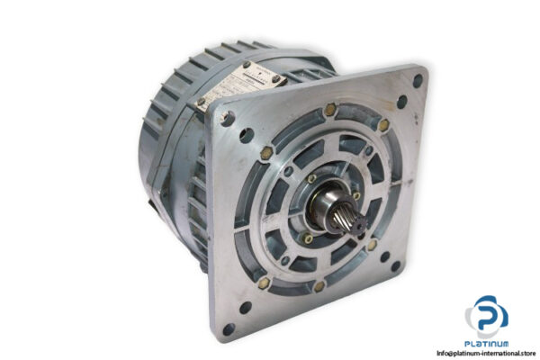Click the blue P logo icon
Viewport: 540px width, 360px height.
point(488,316)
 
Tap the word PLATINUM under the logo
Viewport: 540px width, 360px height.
point(487,343)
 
